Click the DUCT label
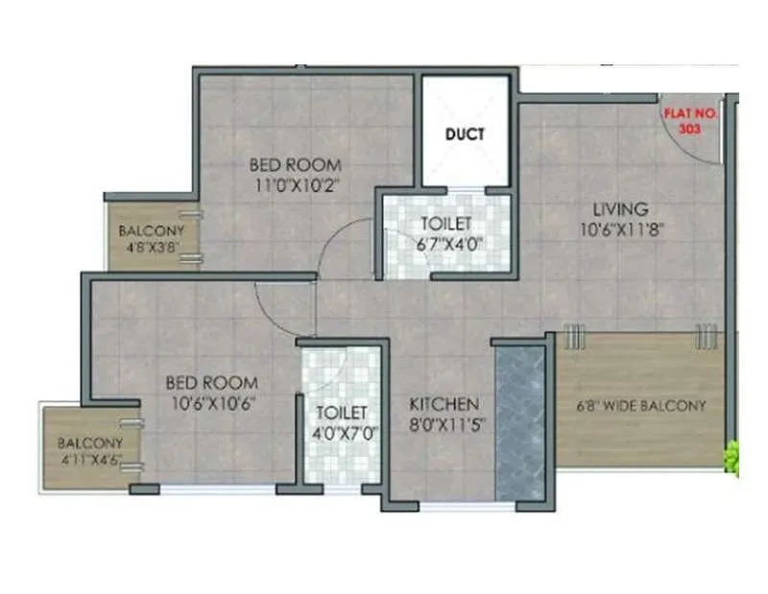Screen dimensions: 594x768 point(465,134)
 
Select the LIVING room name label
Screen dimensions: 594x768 point(619,208)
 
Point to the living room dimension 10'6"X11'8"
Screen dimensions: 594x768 point(619,228)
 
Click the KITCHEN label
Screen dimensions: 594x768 point(444,403)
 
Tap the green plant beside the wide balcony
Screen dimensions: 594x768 point(733,457)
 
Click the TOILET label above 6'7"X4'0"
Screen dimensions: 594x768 point(445,224)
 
